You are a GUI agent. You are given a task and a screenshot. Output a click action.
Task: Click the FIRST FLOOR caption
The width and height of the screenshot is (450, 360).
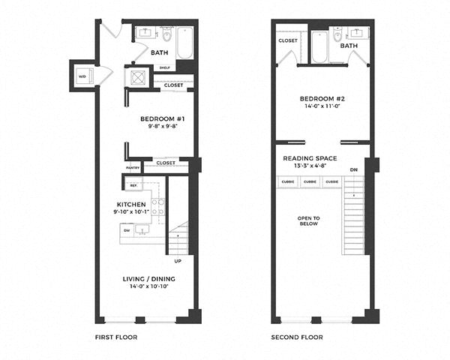click(116, 337)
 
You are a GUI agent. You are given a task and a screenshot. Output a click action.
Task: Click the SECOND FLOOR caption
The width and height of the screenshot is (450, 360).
click(297, 337)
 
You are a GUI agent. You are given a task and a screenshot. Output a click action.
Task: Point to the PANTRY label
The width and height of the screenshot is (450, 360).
click(133, 167)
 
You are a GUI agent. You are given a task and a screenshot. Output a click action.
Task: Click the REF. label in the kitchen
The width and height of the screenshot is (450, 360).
click(134, 185)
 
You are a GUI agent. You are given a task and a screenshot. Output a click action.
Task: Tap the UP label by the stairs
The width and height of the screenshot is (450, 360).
click(178, 261)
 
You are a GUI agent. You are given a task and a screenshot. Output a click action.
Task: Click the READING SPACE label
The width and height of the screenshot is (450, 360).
click(310, 158)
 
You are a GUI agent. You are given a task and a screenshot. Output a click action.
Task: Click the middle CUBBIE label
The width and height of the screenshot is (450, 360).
click(309, 182)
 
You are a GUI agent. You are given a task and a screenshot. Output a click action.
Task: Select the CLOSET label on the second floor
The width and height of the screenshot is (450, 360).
click(288, 40)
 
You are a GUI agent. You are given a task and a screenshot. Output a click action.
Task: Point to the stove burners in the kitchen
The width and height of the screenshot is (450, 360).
click(158, 207)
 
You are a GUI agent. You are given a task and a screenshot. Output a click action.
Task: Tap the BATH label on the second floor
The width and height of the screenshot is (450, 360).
click(349, 46)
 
